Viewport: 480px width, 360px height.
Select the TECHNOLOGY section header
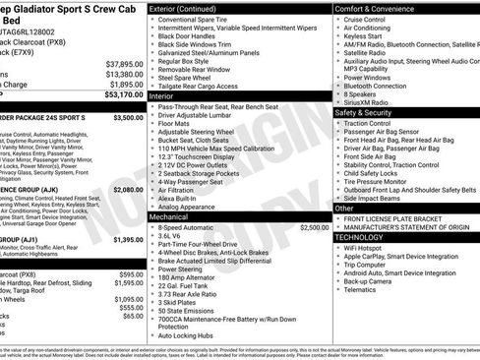coord(365,237)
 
